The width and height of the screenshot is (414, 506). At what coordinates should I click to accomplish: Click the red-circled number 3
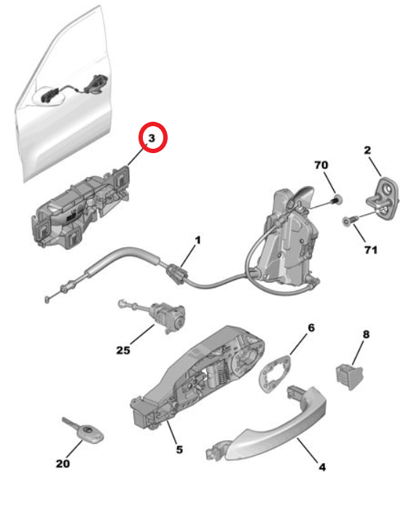[153, 138]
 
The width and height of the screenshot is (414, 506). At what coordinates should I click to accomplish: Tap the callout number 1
[197, 239]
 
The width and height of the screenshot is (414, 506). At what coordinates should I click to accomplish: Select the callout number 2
[368, 150]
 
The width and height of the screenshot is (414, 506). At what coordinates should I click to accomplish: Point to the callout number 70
[321, 166]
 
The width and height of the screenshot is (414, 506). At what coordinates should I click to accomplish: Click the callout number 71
[371, 250]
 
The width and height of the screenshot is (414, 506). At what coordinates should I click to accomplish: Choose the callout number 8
[366, 335]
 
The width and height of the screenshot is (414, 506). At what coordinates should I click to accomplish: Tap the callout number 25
[122, 351]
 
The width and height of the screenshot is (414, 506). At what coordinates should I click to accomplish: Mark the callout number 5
[179, 450]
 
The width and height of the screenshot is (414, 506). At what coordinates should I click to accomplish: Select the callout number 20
[64, 463]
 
